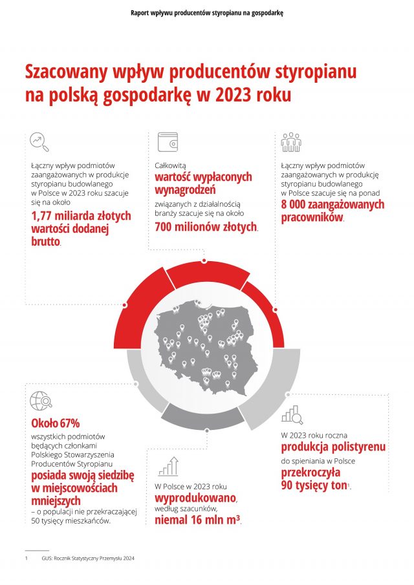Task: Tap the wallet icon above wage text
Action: [167, 142]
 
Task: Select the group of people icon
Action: [291, 142]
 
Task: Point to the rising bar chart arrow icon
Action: [168, 465]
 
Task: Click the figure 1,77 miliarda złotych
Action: [81, 216]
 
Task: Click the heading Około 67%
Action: [56, 423]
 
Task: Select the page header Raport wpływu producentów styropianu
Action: [206, 12]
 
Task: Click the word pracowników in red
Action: [312, 217]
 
